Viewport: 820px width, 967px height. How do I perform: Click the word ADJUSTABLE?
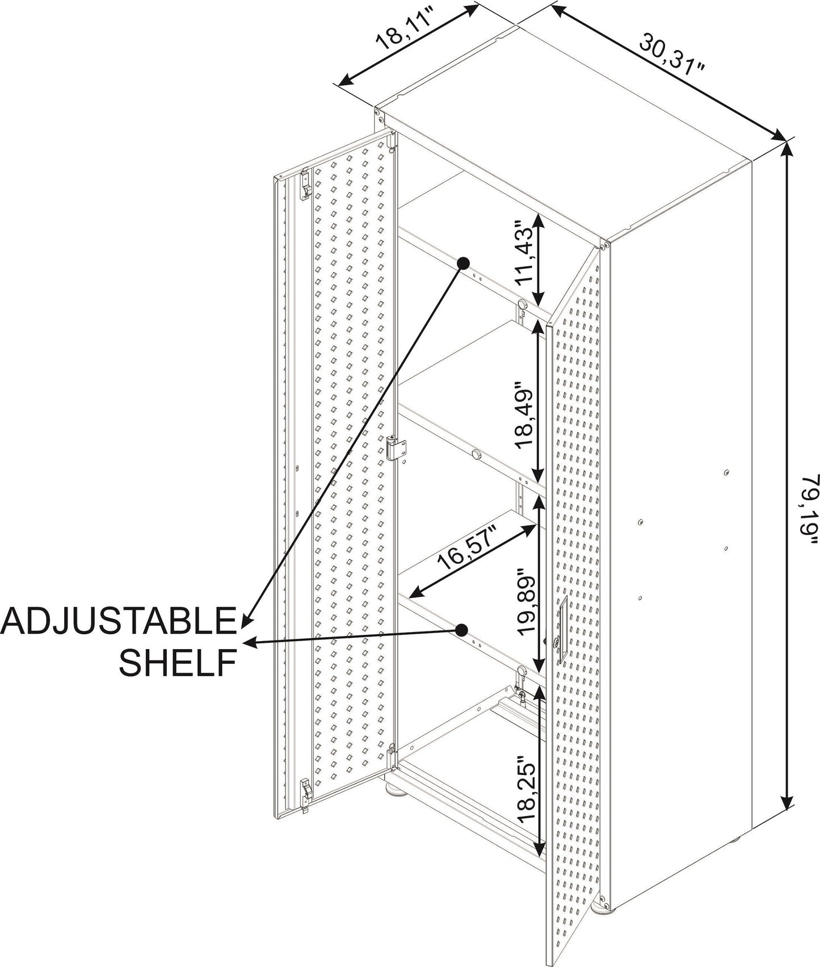118,621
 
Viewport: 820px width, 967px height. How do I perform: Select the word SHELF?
178,662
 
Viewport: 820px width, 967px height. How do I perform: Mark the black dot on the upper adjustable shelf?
464,263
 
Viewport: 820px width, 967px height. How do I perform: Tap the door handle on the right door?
561,631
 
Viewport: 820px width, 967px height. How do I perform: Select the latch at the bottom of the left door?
306,794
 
